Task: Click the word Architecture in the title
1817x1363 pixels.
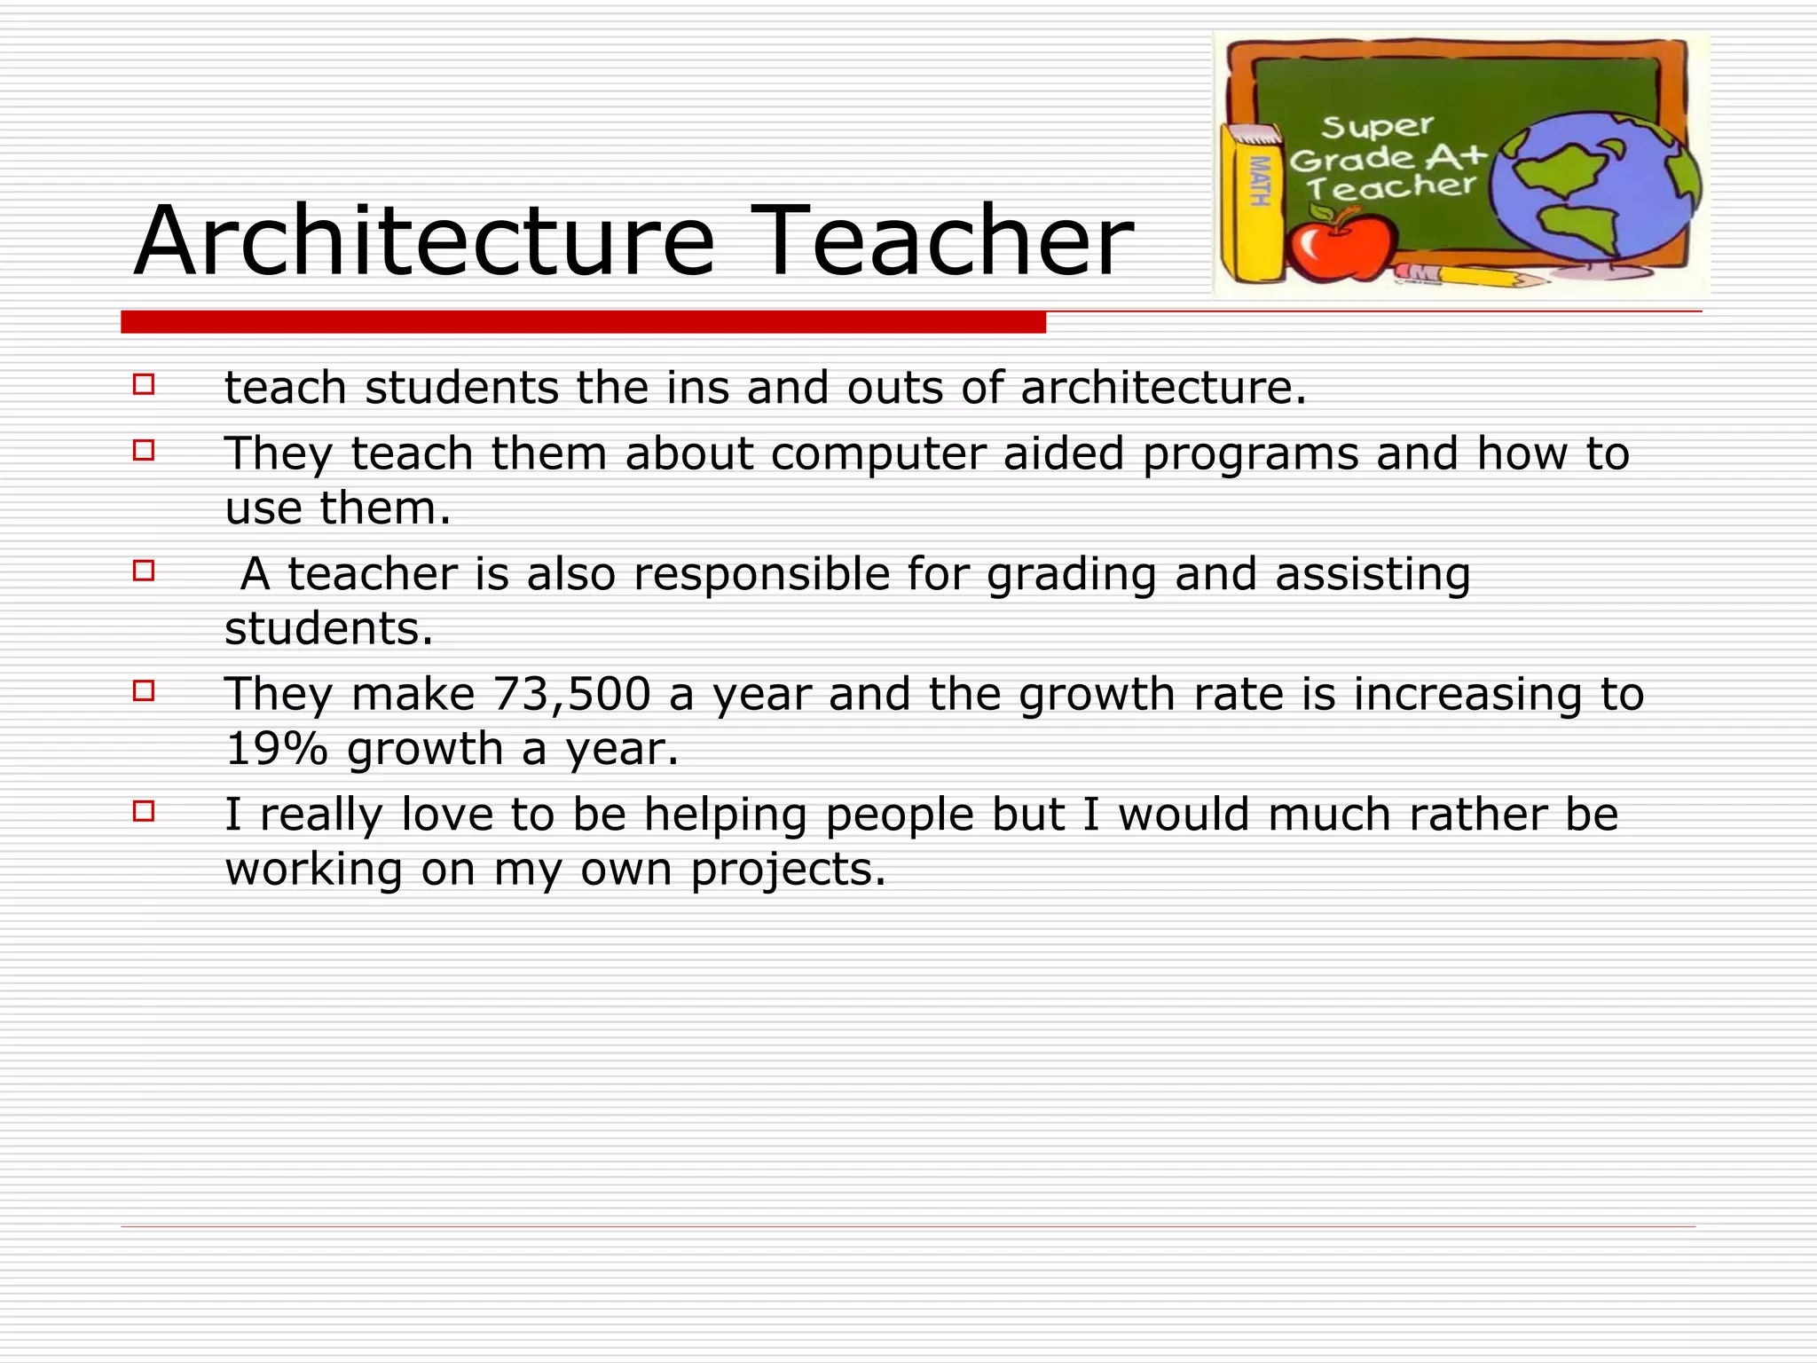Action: tap(424, 241)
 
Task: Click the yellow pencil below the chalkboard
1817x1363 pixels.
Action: tap(1473, 276)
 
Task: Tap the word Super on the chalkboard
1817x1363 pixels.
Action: tap(1377, 127)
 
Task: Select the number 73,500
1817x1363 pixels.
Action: tap(572, 694)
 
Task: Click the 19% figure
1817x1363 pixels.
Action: tap(276, 749)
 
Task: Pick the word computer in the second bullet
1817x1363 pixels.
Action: tap(877, 454)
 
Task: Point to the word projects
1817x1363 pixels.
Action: tap(788, 869)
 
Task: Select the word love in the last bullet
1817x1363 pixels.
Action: tap(446, 815)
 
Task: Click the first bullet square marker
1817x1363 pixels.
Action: tap(144, 384)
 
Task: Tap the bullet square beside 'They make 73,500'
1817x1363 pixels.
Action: tap(144, 690)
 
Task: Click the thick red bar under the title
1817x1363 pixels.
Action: tap(583, 322)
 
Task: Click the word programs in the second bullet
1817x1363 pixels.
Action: tap(1250, 454)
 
